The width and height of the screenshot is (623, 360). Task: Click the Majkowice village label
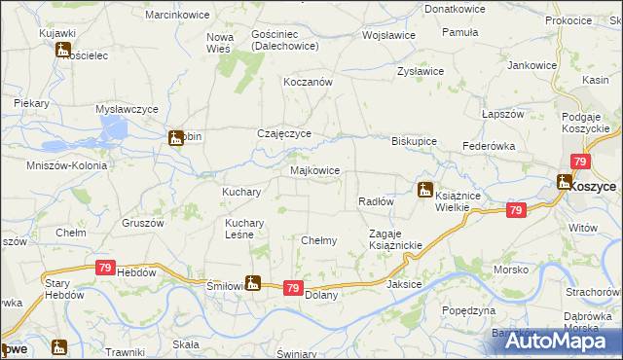tap(315, 170)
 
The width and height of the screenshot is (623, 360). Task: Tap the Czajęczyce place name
tap(283, 134)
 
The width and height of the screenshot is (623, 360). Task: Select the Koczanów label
tap(308, 83)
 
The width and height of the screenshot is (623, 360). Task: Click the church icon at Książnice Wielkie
tap(425, 190)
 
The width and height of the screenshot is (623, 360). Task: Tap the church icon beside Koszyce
tap(564, 181)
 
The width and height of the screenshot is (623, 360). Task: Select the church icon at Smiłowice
tap(253, 283)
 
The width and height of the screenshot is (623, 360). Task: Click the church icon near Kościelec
tap(64, 50)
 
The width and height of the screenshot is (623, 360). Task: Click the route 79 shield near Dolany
tap(292, 288)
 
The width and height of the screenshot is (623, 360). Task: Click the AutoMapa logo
tap(563, 340)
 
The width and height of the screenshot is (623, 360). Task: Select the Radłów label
tap(375, 201)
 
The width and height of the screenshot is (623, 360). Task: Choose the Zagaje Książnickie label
tap(394, 239)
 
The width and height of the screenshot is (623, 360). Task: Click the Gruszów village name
tap(141, 222)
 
